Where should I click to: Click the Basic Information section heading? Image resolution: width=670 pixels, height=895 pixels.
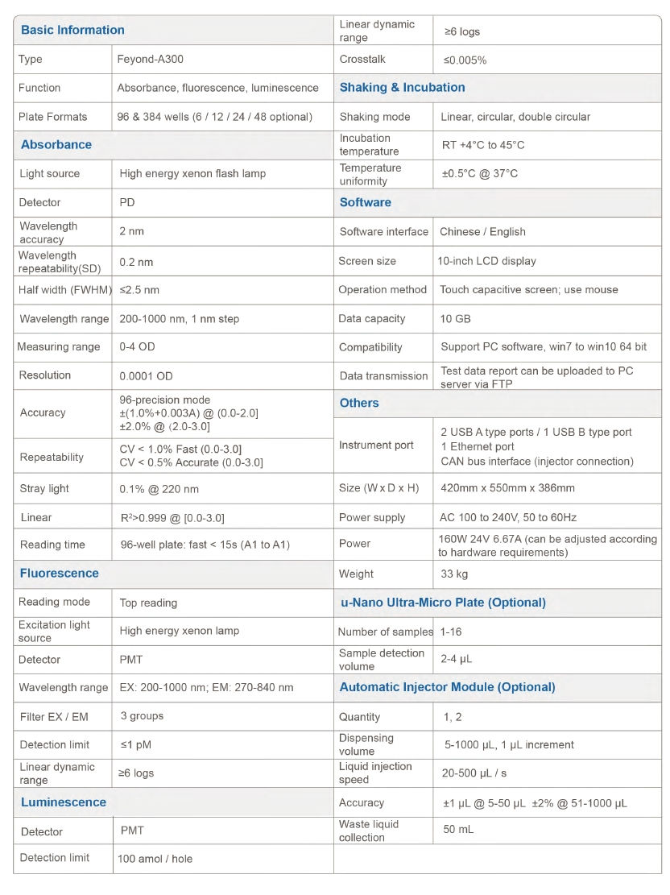click(72, 30)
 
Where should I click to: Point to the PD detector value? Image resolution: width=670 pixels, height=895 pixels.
click(127, 202)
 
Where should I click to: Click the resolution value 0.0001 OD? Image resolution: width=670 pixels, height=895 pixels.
click(146, 375)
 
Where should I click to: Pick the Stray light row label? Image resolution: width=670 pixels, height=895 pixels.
click(44, 488)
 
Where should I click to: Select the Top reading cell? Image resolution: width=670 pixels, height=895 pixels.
click(148, 603)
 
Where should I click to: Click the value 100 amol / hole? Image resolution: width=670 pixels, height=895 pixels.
click(155, 859)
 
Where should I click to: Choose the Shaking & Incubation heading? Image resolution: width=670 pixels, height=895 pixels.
click(402, 87)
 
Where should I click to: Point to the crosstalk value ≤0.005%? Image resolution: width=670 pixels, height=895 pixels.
click(465, 60)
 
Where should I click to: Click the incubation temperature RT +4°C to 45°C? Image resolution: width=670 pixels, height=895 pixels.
click(482, 145)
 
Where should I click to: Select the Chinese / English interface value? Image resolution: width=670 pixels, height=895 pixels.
click(482, 231)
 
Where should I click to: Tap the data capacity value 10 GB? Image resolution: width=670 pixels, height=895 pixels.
click(455, 318)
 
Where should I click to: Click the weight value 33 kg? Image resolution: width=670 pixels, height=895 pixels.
click(454, 574)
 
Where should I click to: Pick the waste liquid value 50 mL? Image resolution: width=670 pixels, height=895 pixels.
click(458, 829)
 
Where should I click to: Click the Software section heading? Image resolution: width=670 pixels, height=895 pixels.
click(365, 202)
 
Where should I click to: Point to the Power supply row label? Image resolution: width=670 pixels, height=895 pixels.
click(372, 517)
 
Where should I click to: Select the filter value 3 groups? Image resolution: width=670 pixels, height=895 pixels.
click(141, 715)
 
